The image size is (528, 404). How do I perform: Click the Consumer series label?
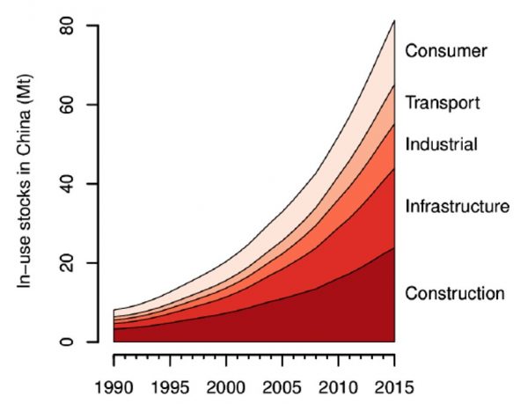pyautogui.click(x=445, y=51)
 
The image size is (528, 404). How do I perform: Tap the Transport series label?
pyautogui.click(x=442, y=103)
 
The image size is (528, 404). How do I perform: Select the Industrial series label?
pyautogui.click(x=441, y=143)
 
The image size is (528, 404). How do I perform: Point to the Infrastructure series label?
pyautogui.click(x=457, y=207)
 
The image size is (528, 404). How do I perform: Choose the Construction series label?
pyautogui.click(x=454, y=293)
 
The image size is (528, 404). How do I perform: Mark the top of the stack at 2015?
pyautogui.click(x=394, y=20)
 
